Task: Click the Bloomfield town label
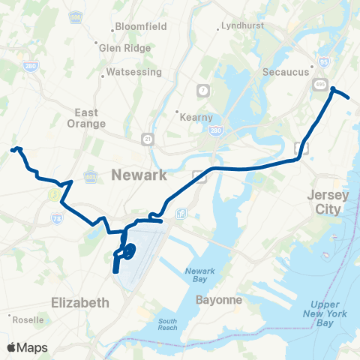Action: [x=139, y=28]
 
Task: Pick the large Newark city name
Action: [x=138, y=175]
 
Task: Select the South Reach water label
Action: [x=167, y=325]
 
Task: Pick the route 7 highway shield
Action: [x=202, y=91]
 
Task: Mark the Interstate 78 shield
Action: [x=57, y=218]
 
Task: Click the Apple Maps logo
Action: [x=26, y=347]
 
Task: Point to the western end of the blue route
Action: [x=12, y=150]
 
